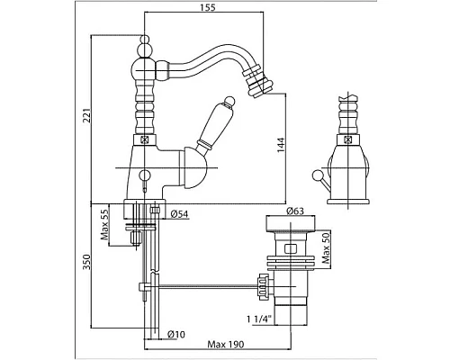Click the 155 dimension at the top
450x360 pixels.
[208, 7]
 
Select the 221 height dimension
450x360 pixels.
[87, 115]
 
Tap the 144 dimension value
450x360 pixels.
[281, 145]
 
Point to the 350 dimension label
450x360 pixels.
[86, 262]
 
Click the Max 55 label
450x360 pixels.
[104, 224]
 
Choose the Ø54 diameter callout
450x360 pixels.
[179, 214]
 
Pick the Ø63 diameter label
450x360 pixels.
[295, 211]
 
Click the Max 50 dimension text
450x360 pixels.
[326, 248]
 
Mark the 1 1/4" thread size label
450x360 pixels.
[259, 319]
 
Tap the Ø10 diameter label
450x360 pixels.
[176, 334]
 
